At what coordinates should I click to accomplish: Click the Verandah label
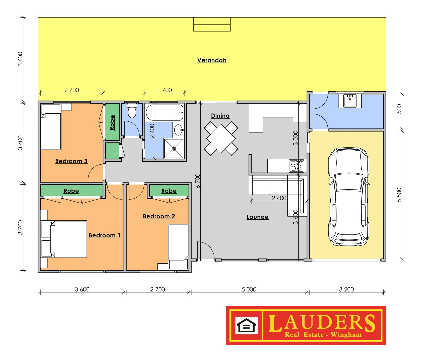pyautogui.click(x=212, y=60)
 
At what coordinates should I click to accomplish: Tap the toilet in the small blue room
pyautogui.click(x=132, y=111)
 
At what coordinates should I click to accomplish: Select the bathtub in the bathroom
pyautogui.click(x=165, y=112)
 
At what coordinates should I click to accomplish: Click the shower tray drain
pyautogui.click(x=174, y=149)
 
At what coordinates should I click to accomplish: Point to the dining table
pyautogui.click(x=221, y=138)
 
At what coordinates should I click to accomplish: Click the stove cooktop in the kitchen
pyautogui.click(x=296, y=166)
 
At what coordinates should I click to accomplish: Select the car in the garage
pyautogui.click(x=349, y=197)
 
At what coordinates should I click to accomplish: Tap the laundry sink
pyautogui.click(x=350, y=101)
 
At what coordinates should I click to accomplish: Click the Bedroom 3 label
pyautogui.click(x=71, y=161)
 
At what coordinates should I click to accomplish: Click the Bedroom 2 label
pyautogui.click(x=159, y=216)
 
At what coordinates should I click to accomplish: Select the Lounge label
pyautogui.click(x=257, y=217)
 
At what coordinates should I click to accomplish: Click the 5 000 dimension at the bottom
pyautogui.click(x=249, y=289)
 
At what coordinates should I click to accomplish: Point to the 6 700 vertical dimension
pyautogui.click(x=198, y=181)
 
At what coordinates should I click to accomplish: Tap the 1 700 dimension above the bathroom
pyautogui.click(x=165, y=90)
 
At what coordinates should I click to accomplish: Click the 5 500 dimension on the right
pyautogui.click(x=399, y=195)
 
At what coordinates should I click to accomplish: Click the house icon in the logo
pyautogui.click(x=246, y=326)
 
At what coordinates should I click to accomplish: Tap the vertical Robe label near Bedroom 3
pyautogui.click(x=112, y=122)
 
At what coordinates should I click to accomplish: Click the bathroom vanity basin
pyautogui.click(x=179, y=130)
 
